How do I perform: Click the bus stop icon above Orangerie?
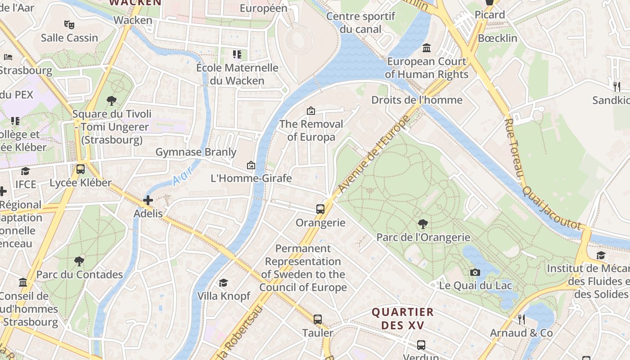tap(320, 209)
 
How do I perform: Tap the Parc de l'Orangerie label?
tap(423, 237)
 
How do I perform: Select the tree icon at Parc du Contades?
tap(79, 261)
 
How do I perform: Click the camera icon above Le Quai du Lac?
tap(475, 272)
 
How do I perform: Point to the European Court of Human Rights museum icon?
tap(427, 48)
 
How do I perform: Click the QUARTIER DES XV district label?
tap(403, 318)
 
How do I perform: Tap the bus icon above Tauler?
tap(318, 319)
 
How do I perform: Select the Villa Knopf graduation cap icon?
tap(223, 283)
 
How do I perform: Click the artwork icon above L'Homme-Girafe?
tap(251, 165)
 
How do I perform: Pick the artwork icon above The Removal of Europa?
tap(311, 110)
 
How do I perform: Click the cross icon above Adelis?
tap(148, 200)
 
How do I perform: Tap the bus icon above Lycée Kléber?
tap(81, 169)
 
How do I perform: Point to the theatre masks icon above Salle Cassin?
tap(69, 24)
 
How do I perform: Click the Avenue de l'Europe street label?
tap(374, 154)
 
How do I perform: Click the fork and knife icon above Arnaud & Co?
tap(521, 319)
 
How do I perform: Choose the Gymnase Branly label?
tap(196, 152)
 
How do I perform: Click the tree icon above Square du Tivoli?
tap(112, 100)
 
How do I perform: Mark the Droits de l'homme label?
tap(417, 100)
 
